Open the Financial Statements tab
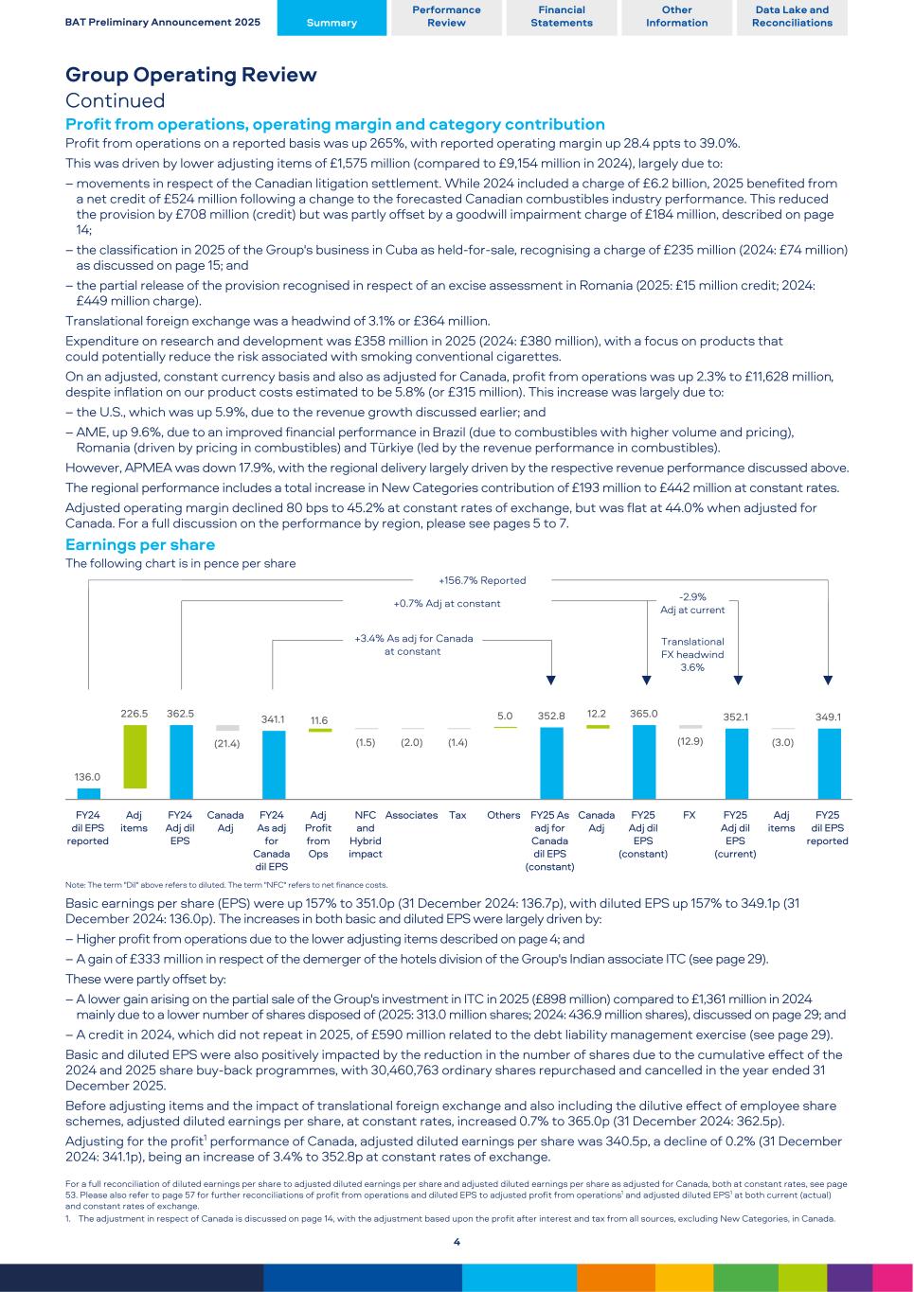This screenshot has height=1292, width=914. (561, 17)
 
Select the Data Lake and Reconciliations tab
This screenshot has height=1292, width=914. (792, 17)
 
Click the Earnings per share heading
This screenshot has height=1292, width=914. (140, 544)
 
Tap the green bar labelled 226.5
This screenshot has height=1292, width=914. (134, 756)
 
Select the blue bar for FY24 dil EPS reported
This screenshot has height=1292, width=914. (88, 793)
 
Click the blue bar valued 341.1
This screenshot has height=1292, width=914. (273, 765)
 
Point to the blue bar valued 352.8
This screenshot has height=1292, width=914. (551, 763)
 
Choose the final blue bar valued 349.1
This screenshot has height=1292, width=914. (828, 764)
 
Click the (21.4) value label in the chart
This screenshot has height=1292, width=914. (226, 743)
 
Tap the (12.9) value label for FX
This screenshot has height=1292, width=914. (690, 741)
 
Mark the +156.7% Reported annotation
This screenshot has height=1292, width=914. (482, 580)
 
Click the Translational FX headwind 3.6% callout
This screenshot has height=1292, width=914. (692, 654)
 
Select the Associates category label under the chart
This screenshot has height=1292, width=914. (411, 815)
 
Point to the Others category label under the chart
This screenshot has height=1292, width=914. (504, 815)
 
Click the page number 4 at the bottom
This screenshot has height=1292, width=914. (457, 1242)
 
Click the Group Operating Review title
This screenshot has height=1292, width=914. (191, 75)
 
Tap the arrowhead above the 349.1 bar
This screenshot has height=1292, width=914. (828, 680)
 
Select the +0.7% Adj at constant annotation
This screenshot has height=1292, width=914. (447, 603)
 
